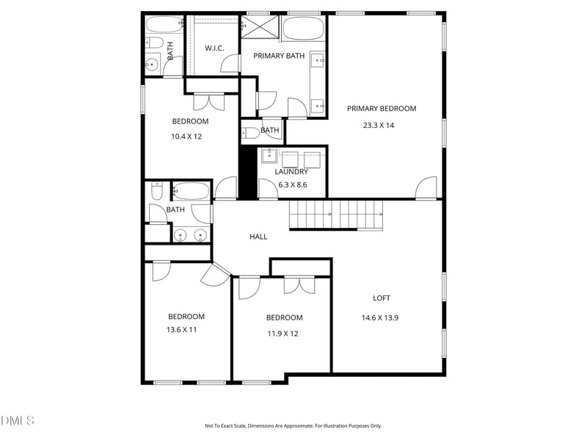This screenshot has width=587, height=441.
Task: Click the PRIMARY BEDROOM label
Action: pos(382,109)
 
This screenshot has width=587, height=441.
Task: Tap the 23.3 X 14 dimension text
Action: pos(379,125)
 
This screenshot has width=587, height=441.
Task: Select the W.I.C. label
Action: pos(214,49)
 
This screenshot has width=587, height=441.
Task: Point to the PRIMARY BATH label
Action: pos(279,56)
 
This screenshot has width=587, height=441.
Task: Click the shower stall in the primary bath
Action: pos(260,26)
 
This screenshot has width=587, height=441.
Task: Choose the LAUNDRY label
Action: pos(291,172)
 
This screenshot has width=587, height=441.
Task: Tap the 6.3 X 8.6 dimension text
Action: pos(293,185)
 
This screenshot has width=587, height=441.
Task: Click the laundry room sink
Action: pos(269,155)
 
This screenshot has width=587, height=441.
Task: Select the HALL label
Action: pos(258,237)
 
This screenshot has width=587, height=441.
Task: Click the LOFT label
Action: pos(382,298)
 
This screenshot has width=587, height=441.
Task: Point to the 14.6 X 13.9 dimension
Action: pos(380,318)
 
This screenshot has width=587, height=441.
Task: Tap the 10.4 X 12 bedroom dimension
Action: pos(186,137)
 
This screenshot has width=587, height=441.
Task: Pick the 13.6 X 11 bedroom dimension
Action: pos(181,329)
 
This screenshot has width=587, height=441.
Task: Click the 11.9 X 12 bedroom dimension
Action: pos(283,334)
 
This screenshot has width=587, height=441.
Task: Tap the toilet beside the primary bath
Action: pos(250,133)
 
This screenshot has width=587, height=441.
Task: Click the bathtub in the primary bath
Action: pos(303,27)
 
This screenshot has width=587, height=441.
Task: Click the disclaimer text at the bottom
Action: pos(293,426)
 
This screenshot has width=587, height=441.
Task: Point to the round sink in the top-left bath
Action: pos(152,65)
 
